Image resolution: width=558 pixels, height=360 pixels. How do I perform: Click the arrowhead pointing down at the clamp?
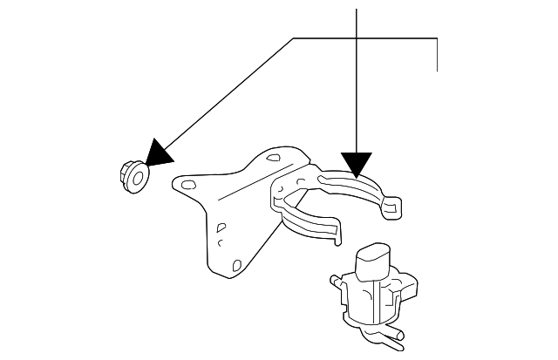pyautogui.click(x=357, y=164)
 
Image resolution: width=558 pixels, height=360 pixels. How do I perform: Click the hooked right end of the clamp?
pyautogui.click(x=394, y=205)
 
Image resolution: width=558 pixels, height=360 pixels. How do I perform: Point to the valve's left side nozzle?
pyautogui.click(x=335, y=282)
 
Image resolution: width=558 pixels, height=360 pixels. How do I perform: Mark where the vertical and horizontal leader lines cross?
pyautogui.click(x=357, y=38)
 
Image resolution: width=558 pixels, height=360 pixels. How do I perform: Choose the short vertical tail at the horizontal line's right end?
pyautogui.click(x=435, y=54)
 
